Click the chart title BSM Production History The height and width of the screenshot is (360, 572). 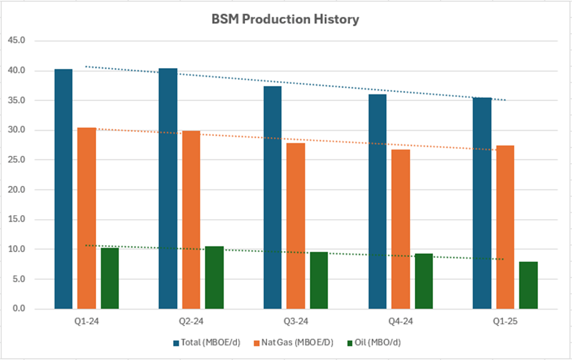[x=285, y=19]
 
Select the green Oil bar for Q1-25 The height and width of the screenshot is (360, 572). [x=529, y=285]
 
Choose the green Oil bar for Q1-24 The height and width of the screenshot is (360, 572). [x=110, y=278]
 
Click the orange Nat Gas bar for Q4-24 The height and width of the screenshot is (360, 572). [x=401, y=229]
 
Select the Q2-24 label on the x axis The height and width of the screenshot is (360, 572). [x=191, y=321]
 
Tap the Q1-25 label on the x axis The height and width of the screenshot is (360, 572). [x=505, y=321]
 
